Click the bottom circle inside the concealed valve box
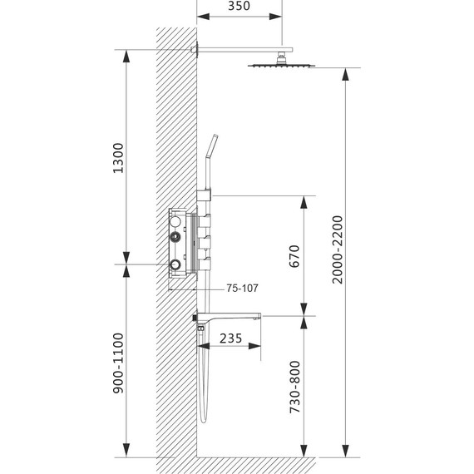pos(175,264)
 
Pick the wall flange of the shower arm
pos(197,49)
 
